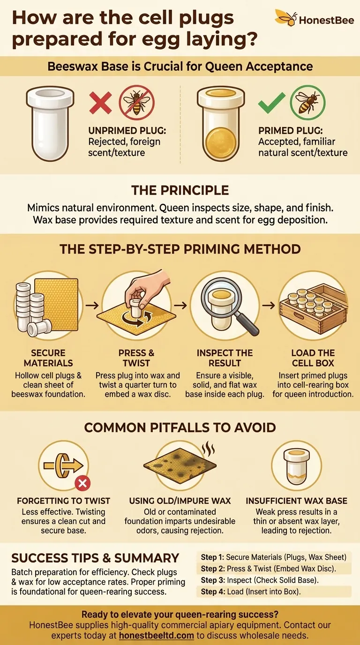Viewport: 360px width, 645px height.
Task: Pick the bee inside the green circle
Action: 307,102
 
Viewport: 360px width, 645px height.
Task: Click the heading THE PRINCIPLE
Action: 180,190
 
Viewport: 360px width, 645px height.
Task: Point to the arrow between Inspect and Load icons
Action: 269,305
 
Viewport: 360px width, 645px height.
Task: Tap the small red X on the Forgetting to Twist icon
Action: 82,484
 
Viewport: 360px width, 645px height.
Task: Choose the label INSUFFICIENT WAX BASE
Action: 296,501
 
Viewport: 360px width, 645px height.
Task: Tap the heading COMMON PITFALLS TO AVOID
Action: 180,427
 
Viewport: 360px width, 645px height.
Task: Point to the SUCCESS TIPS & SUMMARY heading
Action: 95,558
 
